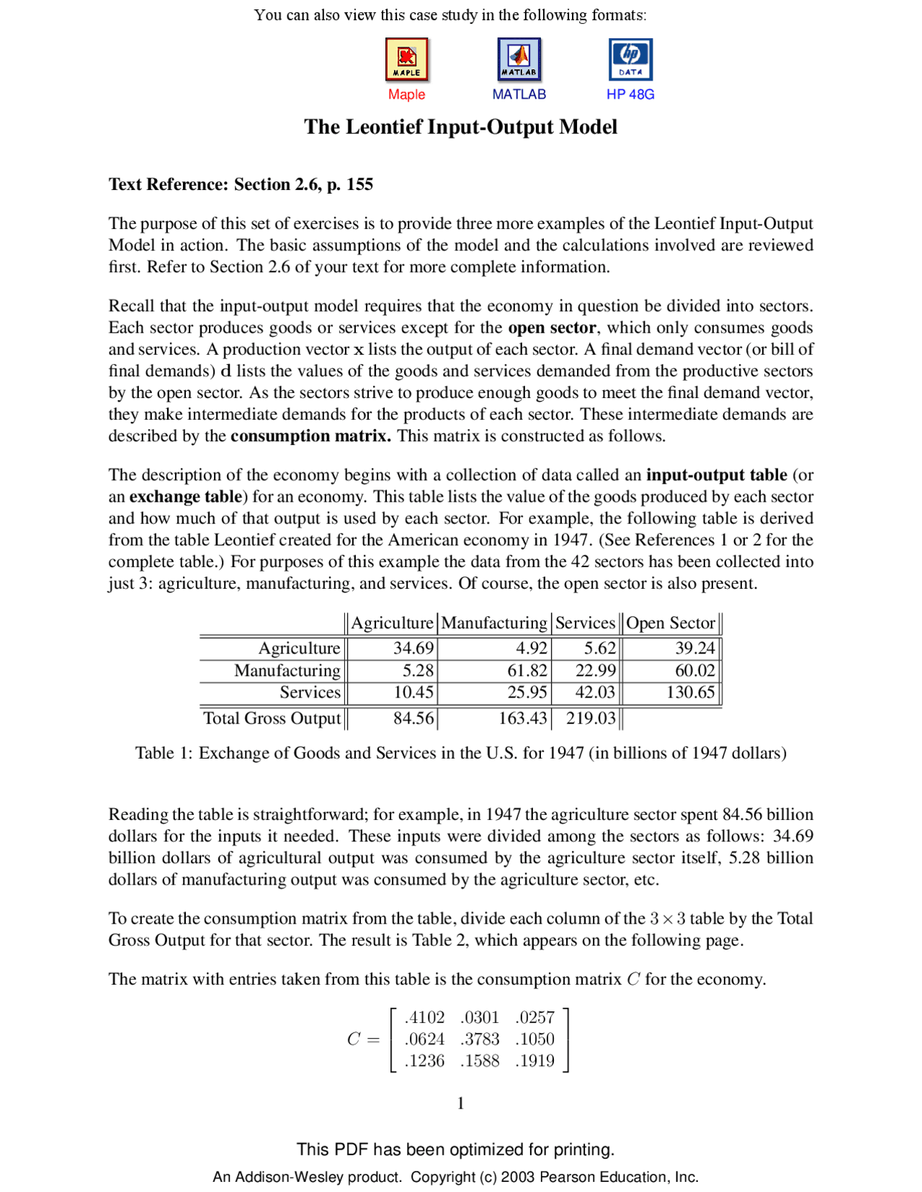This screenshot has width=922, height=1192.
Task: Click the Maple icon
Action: click(406, 59)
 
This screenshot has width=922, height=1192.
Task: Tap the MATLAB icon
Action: click(519, 59)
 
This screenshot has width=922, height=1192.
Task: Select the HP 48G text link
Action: click(630, 94)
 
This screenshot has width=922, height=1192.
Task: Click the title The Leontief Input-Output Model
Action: click(460, 127)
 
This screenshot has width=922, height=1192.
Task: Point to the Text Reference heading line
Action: click(241, 184)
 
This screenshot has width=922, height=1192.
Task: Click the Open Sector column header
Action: click(670, 623)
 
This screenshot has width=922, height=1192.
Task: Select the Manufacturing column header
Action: click(494, 623)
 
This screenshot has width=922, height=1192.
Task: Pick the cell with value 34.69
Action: click(413, 648)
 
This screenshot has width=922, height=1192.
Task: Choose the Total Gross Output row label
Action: click(272, 718)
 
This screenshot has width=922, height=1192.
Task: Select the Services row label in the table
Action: click(310, 692)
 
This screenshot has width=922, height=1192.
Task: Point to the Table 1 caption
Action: click(460, 753)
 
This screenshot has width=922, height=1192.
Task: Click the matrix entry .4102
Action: click(424, 1017)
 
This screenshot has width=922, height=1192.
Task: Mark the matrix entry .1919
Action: click(535, 1060)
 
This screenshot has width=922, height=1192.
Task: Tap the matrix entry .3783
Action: click(480, 1039)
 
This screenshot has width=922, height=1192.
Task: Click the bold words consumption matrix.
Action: click(310, 436)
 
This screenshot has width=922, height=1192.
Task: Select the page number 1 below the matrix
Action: click(460, 1103)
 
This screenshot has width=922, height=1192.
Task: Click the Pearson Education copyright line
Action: click(455, 1177)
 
